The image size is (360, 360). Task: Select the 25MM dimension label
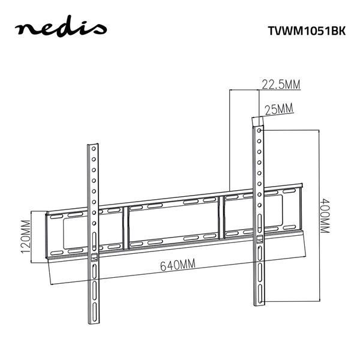pos(278,109)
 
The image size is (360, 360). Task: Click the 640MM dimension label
pos(178,265)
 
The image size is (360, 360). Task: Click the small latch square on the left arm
pos(94,259)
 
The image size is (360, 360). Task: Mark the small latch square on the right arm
pos(259,239)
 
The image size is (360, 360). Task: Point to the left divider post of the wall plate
pos(126,226)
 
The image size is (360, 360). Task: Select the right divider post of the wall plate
pos(223,214)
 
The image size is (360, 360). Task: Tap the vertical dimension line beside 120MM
pos(32,236)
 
